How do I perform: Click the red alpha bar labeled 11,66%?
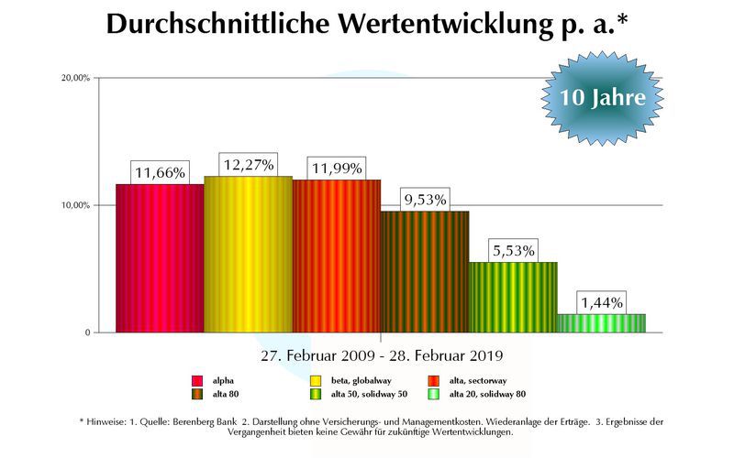(160, 258)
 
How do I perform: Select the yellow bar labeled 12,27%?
(248, 255)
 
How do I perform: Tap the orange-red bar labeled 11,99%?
(337, 256)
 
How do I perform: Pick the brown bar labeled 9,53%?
(425, 272)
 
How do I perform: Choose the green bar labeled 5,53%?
(513, 298)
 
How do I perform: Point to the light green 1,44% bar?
(601, 323)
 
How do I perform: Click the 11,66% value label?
(161, 172)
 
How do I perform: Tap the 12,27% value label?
(248, 165)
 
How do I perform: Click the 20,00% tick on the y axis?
(75, 78)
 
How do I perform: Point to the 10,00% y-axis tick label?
(75, 205)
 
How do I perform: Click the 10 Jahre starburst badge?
(602, 97)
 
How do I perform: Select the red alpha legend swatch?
(196, 380)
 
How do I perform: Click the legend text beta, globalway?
(361, 380)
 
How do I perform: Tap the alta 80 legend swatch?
(196, 394)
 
